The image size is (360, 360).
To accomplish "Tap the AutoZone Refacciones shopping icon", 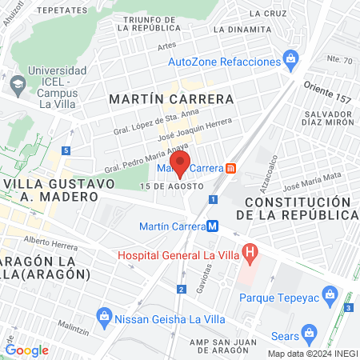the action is pyautogui.click(x=290, y=59).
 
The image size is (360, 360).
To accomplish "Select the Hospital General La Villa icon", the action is pyautogui.click(x=250, y=255).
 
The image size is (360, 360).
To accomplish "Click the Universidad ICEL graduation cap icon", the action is pyautogui.click(x=17, y=82).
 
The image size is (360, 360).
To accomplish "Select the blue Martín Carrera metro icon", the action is pyautogui.click(x=212, y=226).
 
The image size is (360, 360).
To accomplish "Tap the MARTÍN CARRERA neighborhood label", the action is pyautogui.click(x=171, y=100).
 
